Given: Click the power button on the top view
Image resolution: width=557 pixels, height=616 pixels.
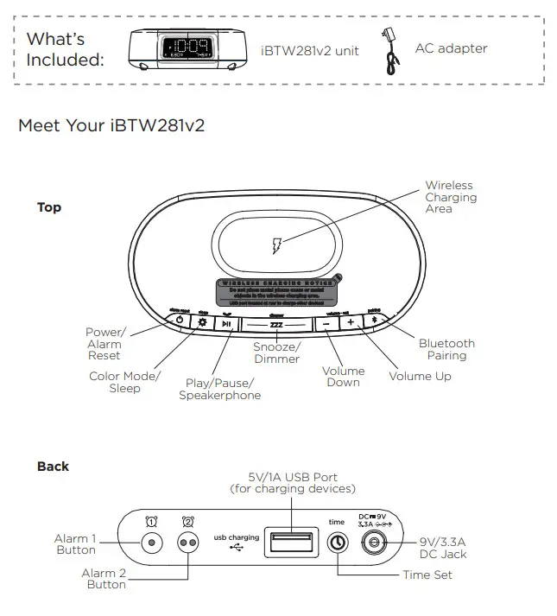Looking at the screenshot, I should click(x=179, y=321).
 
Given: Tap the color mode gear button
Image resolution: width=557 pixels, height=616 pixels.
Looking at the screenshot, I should click(x=203, y=322).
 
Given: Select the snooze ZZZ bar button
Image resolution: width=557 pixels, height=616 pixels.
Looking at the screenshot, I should click(x=276, y=324).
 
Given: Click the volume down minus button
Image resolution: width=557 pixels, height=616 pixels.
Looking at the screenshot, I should click(x=326, y=322).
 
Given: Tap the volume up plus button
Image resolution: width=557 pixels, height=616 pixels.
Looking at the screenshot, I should click(x=351, y=322).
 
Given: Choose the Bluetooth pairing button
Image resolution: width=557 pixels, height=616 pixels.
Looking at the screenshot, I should click(x=374, y=321).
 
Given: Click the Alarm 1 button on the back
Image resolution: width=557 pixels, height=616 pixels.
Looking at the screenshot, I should click(x=153, y=542).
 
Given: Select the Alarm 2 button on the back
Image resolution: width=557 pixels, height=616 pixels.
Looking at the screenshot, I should click(x=187, y=542).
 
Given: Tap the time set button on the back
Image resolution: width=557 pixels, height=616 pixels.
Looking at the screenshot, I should click(x=337, y=542).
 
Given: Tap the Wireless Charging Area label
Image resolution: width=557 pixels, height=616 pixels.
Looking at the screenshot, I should click(x=450, y=197).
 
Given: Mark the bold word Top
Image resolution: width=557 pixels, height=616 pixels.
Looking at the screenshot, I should click(x=49, y=207).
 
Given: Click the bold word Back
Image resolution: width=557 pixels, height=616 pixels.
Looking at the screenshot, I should click(x=53, y=467).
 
